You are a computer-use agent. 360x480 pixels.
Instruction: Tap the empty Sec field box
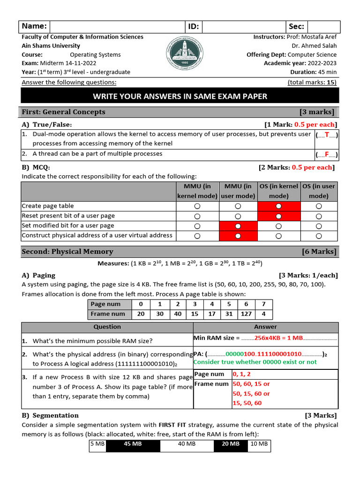[x=324, y=27]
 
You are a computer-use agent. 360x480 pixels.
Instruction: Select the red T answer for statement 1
[x=327, y=135]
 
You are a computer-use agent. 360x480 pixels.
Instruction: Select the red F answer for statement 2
[x=327, y=154]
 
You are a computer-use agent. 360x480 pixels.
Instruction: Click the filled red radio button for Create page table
[x=279, y=206]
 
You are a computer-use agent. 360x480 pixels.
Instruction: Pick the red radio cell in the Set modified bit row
[x=238, y=226]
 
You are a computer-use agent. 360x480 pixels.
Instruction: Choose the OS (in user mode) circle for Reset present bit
[x=319, y=216]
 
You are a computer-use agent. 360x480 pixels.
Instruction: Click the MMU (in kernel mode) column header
[x=197, y=191]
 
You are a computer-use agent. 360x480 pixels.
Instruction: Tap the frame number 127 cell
[x=246, y=314]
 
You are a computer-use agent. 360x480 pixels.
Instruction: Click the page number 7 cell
[x=264, y=304]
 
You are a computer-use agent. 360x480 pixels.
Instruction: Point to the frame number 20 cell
[x=141, y=314]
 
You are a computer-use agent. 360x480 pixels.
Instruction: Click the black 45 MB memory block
[x=133, y=444]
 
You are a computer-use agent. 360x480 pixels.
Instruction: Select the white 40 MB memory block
[x=187, y=444]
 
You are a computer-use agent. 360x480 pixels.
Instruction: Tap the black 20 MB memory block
[x=230, y=444]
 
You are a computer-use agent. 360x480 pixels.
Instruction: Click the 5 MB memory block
[x=97, y=444]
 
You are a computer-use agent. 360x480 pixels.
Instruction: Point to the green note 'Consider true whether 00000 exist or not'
[x=255, y=362]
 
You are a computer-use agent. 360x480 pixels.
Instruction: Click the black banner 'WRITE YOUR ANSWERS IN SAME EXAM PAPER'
[x=180, y=97]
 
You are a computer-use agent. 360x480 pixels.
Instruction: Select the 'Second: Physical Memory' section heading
[x=67, y=252]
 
